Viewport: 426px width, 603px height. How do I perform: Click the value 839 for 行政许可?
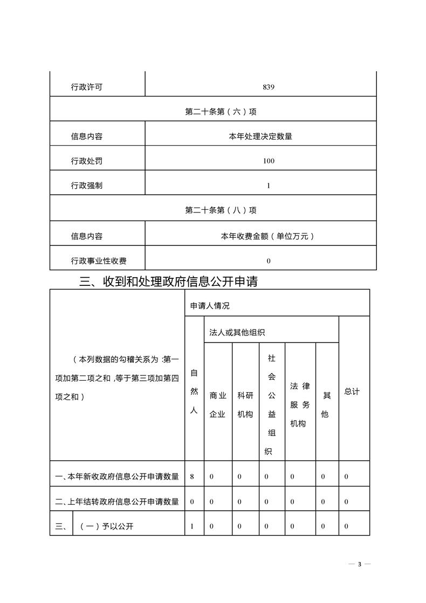point(268,87)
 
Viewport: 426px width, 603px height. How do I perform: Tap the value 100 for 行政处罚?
point(268,161)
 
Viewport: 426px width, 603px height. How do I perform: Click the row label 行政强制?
point(86,186)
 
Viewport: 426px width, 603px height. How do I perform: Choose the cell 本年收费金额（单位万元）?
point(268,236)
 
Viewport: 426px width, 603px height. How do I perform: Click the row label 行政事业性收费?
point(99,261)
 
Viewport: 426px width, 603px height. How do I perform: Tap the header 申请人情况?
point(210,306)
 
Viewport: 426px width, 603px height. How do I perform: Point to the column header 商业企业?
point(217,405)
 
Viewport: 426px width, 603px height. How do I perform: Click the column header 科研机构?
point(245,405)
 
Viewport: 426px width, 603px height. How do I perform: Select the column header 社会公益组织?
point(272,405)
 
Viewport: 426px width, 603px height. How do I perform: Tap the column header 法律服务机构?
point(300,405)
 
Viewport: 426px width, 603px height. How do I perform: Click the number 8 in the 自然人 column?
point(193,477)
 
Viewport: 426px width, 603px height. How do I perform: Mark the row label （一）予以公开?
point(106,526)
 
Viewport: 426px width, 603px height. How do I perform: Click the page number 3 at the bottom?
point(359,564)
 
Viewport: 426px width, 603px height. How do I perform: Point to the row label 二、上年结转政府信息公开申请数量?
point(117,502)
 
